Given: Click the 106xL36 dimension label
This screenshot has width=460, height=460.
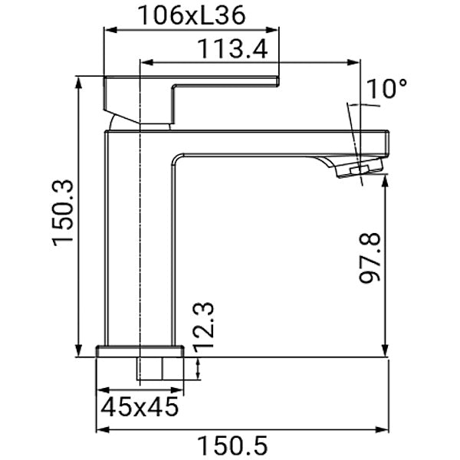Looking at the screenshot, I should (x=192, y=14).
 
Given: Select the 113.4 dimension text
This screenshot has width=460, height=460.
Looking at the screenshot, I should (x=232, y=49).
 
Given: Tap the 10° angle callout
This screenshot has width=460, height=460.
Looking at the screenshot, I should (x=386, y=89).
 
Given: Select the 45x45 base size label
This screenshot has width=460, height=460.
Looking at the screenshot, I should (x=139, y=406).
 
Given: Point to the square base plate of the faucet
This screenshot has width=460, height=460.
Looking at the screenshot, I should (x=140, y=351).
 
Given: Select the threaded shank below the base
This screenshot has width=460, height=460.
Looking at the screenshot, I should (x=160, y=369).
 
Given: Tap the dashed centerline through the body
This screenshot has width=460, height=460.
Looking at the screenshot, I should (x=142, y=230).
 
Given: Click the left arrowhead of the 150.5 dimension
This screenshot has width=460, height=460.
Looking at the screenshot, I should (x=101, y=431).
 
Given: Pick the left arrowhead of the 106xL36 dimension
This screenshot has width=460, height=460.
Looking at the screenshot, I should (x=108, y=31).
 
